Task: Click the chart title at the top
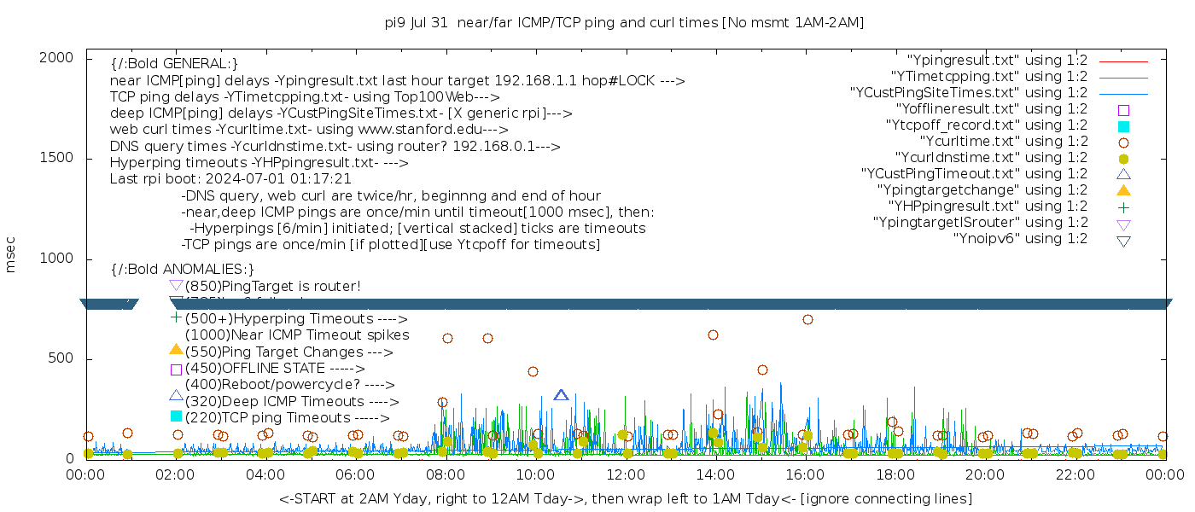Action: click(x=624, y=23)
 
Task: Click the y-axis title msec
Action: click(x=11, y=257)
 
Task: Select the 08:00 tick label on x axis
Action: click(x=445, y=475)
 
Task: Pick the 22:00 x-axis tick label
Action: click(x=1074, y=475)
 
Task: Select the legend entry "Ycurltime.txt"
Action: click(x=1003, y=142)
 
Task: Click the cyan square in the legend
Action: click(x=1123, y=125)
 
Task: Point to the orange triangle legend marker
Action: click(x=1123, y=190)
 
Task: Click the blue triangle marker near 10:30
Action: click(x=561, y=395)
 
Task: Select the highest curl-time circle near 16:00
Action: click(x=807, y=320)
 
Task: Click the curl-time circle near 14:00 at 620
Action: click(x=713, y=335)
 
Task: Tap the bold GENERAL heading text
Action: click(x=174, y=64)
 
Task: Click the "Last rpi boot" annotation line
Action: click(x=230, y=179)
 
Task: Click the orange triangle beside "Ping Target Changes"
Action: click(x=176, y=350)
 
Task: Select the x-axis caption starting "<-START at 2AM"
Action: click(x=625, y=498)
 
